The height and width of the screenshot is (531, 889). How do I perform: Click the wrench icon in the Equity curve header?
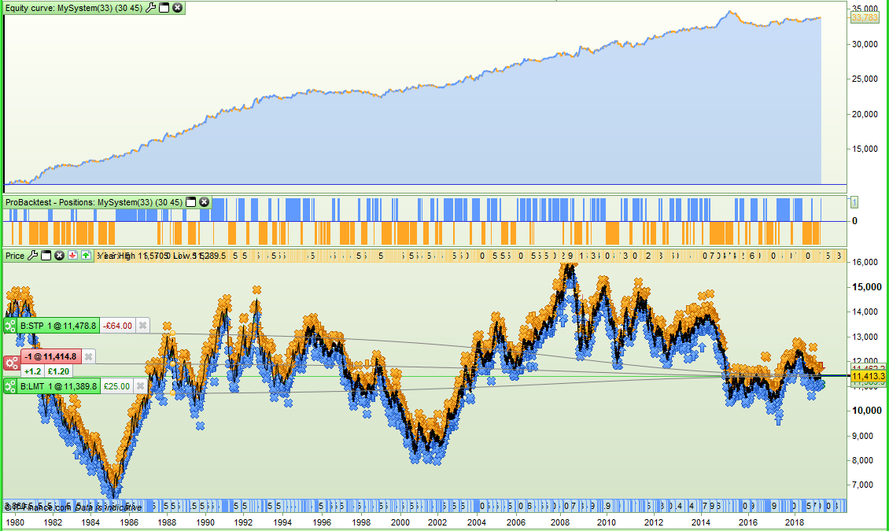coord(151,7)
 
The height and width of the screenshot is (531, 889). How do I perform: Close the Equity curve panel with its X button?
coord(177,7)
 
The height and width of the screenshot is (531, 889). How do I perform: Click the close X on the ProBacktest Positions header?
coord(204,202)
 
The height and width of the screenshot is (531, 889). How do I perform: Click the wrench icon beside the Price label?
coord(33,255)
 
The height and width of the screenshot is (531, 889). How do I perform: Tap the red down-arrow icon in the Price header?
coord(72,255)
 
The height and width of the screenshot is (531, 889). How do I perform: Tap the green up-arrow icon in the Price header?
coord(85,255)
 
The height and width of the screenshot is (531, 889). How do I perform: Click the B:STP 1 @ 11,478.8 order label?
coord(57,326)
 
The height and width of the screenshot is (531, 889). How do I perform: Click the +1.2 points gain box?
coord(32,371)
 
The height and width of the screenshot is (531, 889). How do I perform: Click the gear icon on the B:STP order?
coord(10,326)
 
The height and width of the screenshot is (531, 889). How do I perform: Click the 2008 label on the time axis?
coord(560,522)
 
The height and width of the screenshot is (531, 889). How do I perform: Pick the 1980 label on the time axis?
coord(14,522)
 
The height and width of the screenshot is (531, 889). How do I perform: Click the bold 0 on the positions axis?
coord(855,221)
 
